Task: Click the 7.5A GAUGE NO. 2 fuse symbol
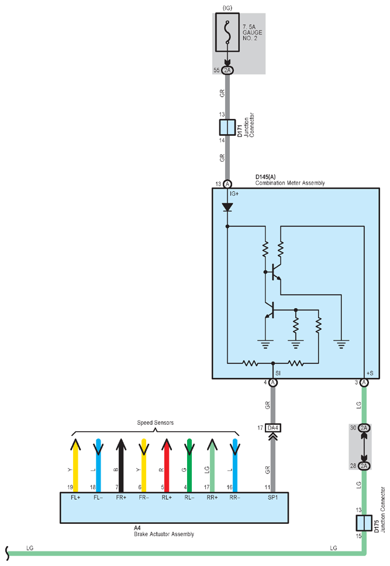coord(227,32)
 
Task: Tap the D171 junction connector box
coord(227,127)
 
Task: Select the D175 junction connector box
coord(364,523)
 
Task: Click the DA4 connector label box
coord(273,428)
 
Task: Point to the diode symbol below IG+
coord(227,207)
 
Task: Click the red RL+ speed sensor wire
coord(167,465)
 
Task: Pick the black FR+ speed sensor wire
coord(121,465)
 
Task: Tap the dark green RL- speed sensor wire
coord(189,465)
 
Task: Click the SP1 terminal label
coord(272,497)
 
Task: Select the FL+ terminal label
coord(75,497)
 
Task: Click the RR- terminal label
coord(235,497)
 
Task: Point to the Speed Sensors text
coord(155,422)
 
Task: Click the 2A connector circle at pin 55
coord(227,70)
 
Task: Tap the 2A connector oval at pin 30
coord(364,428)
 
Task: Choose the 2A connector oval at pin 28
coord(364,466)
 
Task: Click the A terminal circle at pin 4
coord(273,382)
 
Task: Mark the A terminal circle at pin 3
coord(364,382)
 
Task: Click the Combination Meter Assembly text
coord(290,183)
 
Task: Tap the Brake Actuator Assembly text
coord(164,534)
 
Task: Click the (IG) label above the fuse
coord(227,8)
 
